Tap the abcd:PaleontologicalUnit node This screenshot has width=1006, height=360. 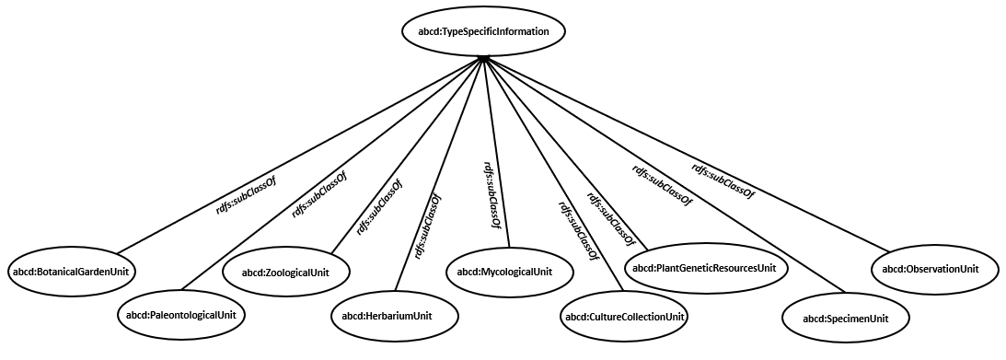[x=180, y=315]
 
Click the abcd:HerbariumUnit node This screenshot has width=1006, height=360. [x=394, y=316]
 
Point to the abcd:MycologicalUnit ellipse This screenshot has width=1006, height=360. [x=511, y=272]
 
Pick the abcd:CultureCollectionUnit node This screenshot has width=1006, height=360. [x=625, y=318]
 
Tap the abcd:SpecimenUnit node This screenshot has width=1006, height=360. [x=845, y=319]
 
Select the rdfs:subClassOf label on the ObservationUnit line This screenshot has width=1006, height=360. [x=723, y=180]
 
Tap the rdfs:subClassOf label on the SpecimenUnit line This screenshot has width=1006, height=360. [x=661, y=184]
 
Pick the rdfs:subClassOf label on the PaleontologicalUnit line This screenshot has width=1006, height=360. [x=318, y=192]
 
